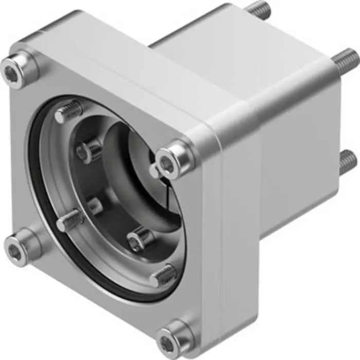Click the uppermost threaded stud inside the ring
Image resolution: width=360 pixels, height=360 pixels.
(x=69, y=112)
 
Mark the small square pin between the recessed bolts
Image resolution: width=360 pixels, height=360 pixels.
(x=95, y=206)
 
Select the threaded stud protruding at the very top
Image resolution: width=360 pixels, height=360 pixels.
(x=257, y=9)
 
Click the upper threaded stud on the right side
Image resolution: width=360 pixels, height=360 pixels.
(x=345, y=59)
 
